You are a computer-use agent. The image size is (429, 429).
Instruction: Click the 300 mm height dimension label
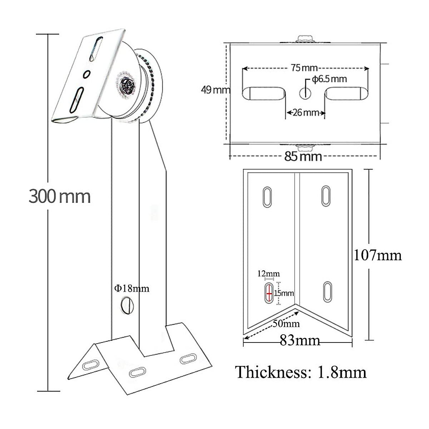(x=60, y=196)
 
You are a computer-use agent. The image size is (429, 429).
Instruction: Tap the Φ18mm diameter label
(x=132, y=288)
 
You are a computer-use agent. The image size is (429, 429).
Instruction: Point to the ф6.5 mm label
(x=329, y=79)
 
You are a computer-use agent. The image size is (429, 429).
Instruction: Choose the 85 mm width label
(x=303, y=156)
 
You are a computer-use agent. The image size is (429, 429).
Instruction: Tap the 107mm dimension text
(x=378, y=255)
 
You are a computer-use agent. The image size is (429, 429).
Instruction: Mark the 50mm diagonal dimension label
(x=286, y=324)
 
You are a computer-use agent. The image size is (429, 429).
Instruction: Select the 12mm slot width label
(x=268, y=274)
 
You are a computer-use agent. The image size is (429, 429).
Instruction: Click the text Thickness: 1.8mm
(x=301, y=372)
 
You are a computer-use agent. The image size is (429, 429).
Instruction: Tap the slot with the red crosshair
(x=269, y=293)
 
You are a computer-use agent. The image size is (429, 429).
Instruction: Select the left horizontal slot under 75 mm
(x=264, y=93)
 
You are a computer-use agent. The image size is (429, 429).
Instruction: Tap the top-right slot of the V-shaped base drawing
(x=326, y=196)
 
